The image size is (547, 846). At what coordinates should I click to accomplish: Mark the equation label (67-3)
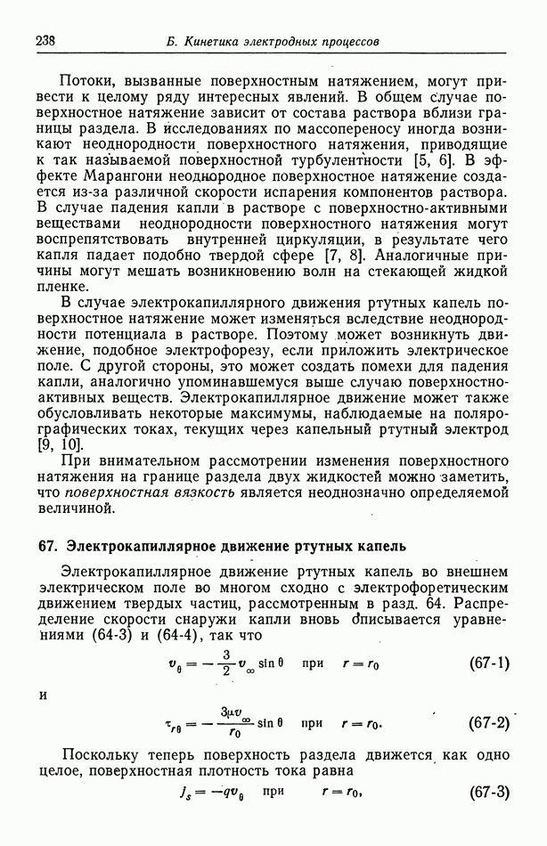(488, 792)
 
